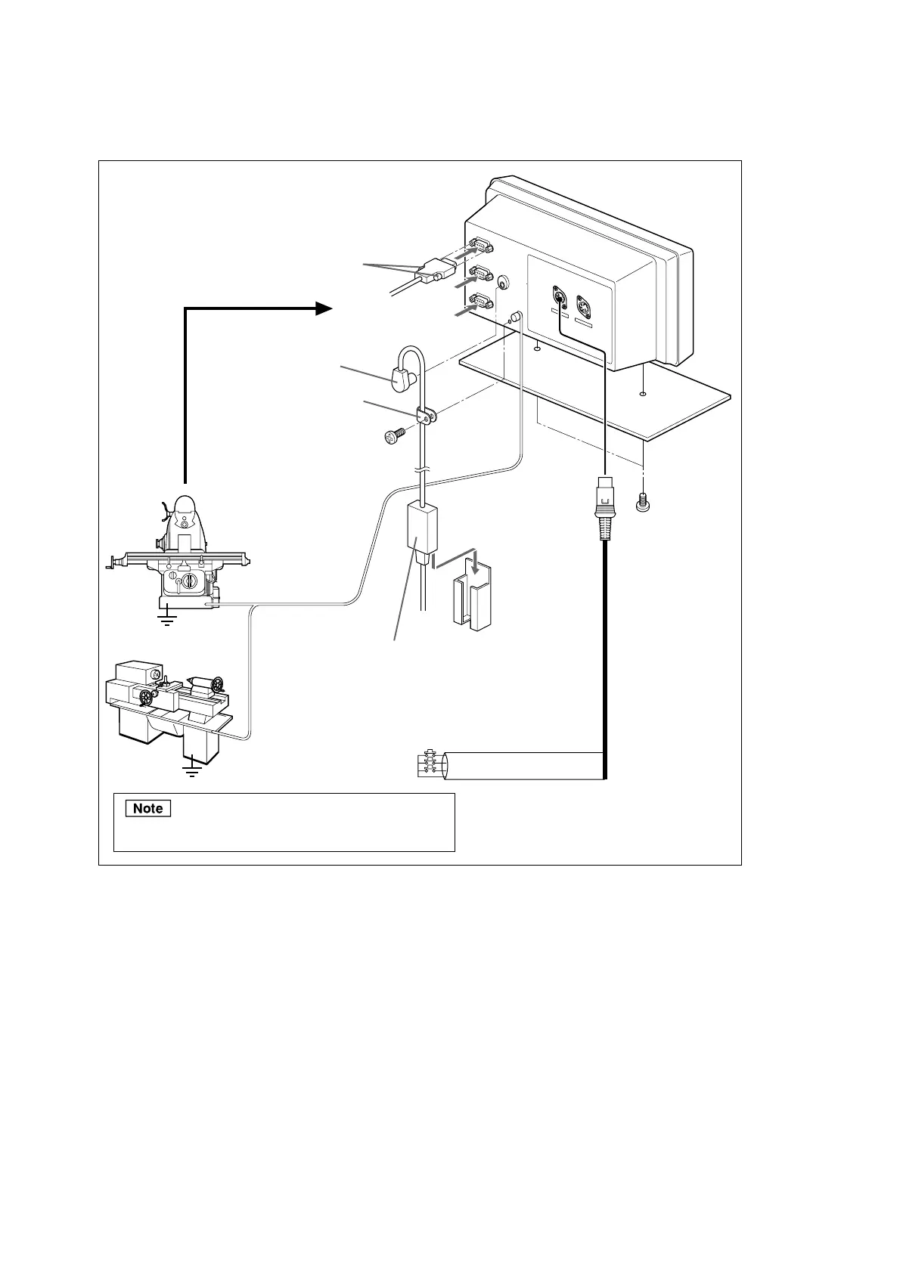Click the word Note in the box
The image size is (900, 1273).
pyautogui.click(x=148, y=808)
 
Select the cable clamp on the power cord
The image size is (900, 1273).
pyautogui.click(x=427, y=415)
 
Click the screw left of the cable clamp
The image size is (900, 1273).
pyautogui.click(x=394, y=436)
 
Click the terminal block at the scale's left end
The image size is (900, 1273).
pyautogui.click(x=429, y=765)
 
